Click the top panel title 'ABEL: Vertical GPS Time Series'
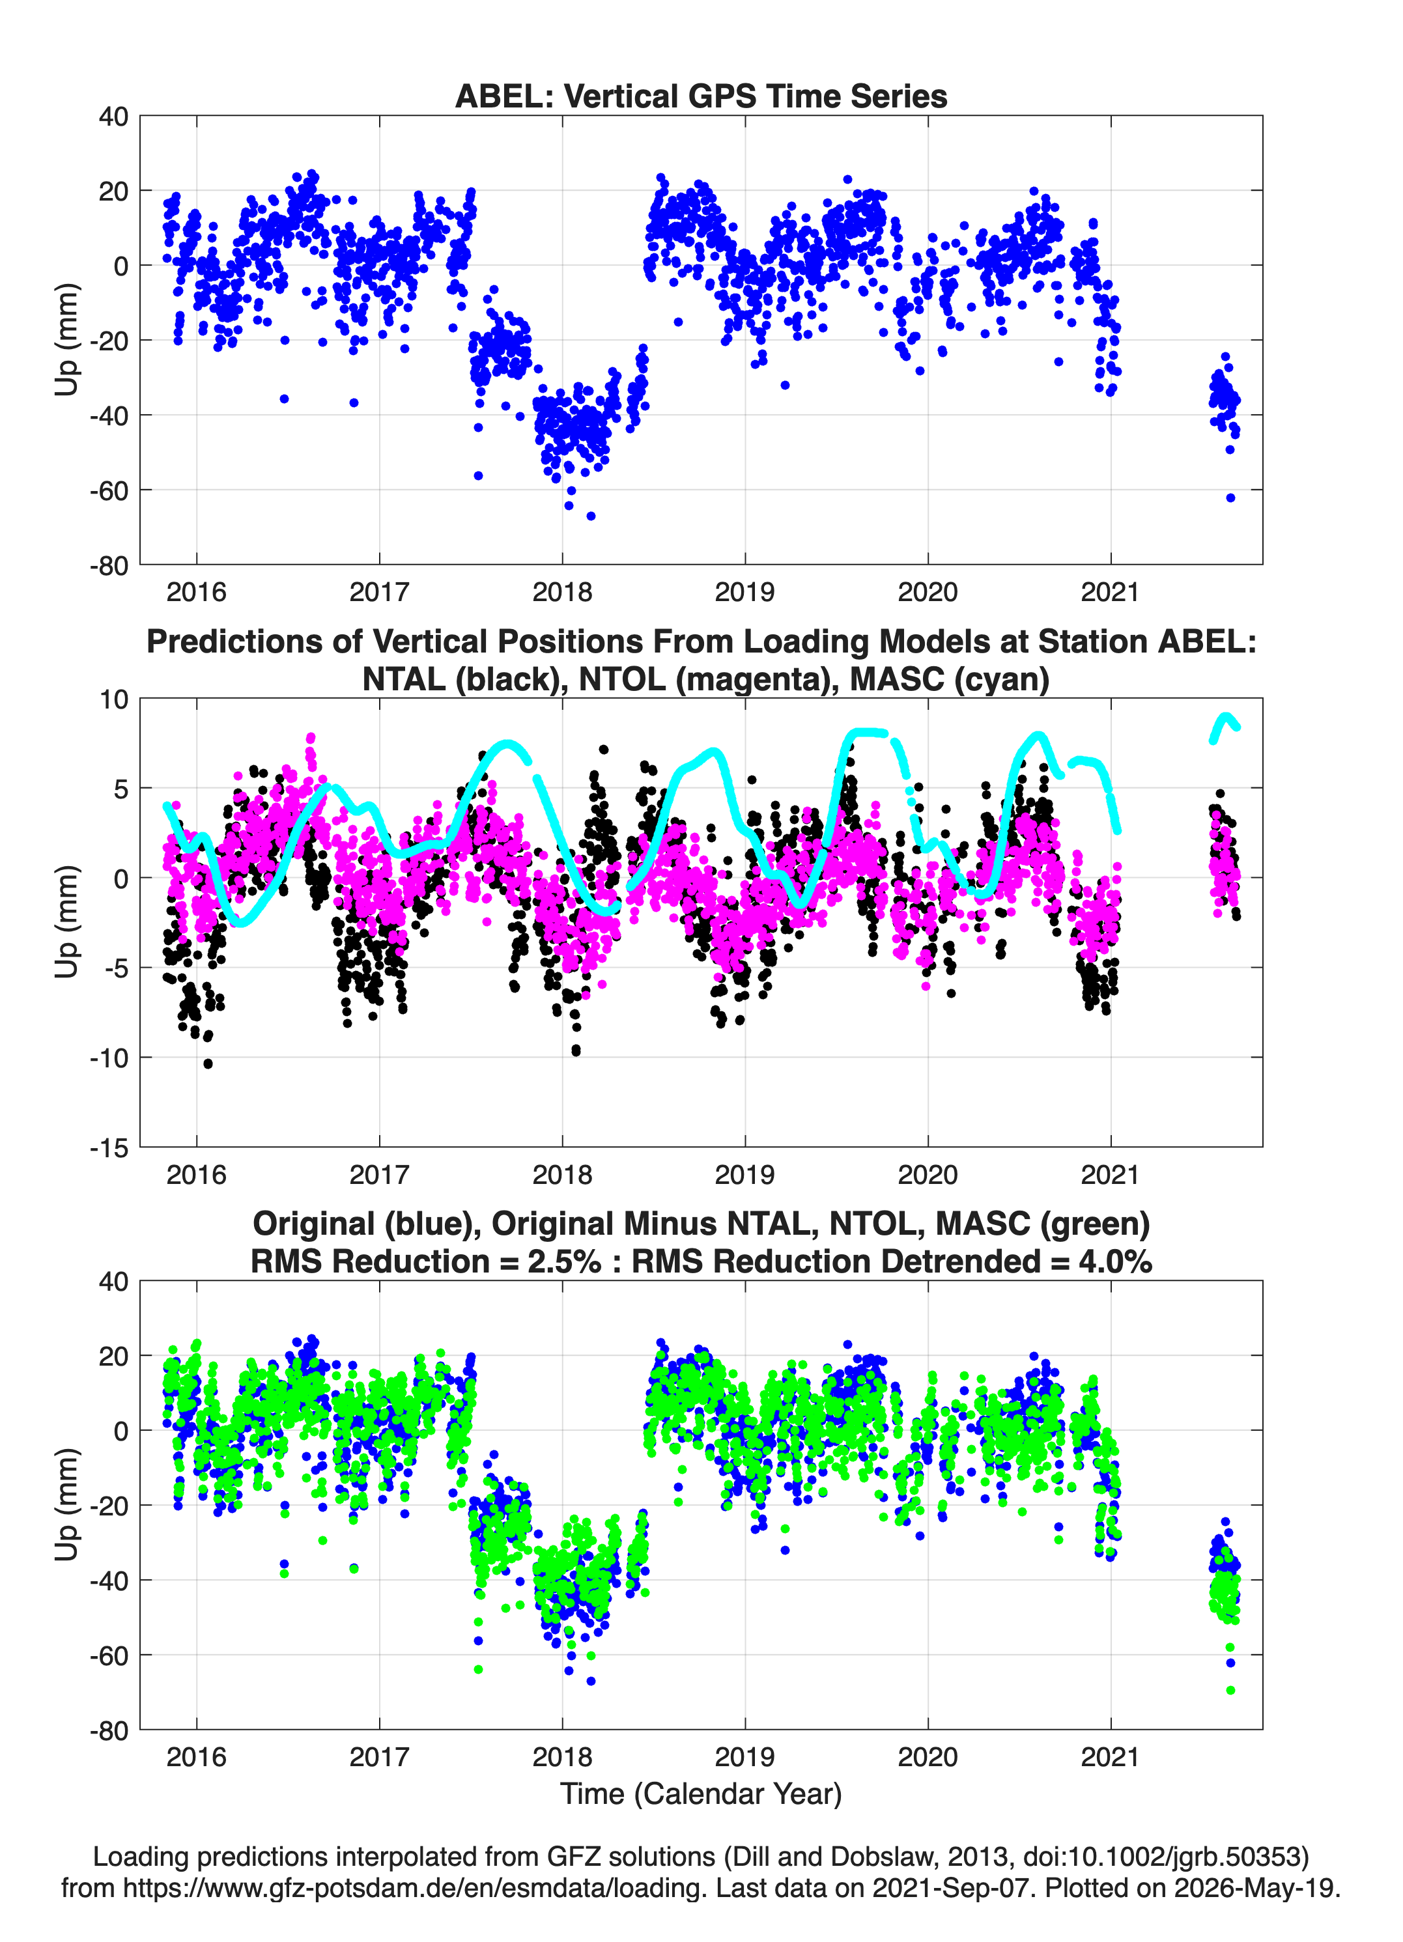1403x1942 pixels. click(701, 96)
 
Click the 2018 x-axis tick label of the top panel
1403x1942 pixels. click(562, 592)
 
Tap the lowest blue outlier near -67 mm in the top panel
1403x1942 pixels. click(590, 516)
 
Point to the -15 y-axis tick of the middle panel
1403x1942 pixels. click(109, 1147)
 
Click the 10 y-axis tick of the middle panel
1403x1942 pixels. click(114, 699)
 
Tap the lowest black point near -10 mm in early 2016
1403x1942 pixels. click(208, 1063)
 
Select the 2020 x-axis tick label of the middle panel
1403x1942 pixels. click(928, 1175)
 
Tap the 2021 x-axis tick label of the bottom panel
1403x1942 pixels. click(1110, 1757)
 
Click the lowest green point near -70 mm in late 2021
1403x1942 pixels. click(1231, 1690)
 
